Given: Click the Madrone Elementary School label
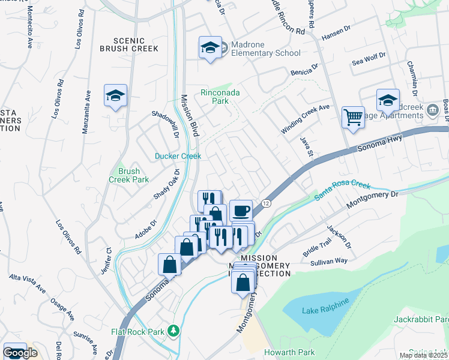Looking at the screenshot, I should coord(262,53).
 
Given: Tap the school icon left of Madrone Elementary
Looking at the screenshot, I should coord(209,48).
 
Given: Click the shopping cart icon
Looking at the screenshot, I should coord(354,117).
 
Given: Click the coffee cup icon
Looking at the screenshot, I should coord(241,211).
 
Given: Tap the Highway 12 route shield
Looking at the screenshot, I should coord(266,205).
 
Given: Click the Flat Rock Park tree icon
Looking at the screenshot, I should coord(173,330).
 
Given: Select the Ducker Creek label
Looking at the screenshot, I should coord(178,156).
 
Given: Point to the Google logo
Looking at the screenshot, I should coord(20,353).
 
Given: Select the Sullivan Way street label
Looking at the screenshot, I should coord(333,261).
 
